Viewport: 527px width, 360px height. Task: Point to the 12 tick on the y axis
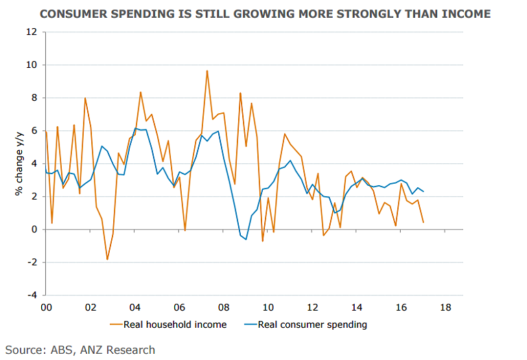(32, 32)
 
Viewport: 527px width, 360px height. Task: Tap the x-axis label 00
(46, 308)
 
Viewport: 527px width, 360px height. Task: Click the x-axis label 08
(223, 308)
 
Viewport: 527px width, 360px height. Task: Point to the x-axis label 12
(312, 308)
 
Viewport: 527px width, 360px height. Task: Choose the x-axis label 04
(134, 308)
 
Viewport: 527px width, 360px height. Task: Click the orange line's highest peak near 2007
(207, 71)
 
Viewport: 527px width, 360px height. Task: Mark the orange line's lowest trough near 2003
(108, 259)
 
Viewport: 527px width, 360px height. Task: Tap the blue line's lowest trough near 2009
(246, 239)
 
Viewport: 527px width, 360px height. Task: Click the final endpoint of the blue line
(423, 191)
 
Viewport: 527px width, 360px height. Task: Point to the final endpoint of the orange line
(423, 222)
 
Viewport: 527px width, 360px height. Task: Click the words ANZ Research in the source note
(119, 350)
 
